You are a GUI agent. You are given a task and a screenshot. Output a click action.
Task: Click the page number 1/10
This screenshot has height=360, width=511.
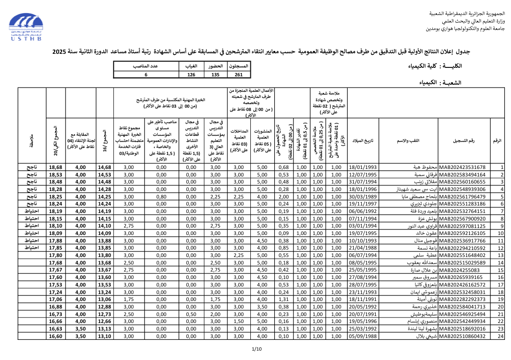coord(256,349)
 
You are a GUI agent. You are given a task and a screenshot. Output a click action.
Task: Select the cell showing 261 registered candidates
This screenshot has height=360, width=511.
coord(239,74)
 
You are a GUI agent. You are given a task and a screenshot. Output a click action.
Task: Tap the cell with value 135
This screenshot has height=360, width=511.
coord(215,74)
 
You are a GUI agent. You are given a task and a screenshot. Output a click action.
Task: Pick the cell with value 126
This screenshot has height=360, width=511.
coord(191,74)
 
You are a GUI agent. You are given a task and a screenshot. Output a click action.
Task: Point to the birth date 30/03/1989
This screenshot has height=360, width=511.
coord(363,197)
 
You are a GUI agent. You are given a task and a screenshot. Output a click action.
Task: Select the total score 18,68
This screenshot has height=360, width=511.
coord(56,167)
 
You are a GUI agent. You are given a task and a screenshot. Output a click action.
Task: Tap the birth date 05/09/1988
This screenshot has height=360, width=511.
coord(363,336)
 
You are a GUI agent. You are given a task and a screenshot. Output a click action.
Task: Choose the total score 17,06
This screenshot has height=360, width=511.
coord(56,299)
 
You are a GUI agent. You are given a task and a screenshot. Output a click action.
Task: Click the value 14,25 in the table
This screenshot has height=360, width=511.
coord(104,197)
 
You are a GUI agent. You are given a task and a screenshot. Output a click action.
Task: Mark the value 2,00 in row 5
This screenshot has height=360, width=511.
coord(284,197)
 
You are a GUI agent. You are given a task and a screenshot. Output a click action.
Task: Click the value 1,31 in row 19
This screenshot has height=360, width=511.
coord(284,299)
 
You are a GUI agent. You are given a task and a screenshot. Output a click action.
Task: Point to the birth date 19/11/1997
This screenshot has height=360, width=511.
coord(363,204)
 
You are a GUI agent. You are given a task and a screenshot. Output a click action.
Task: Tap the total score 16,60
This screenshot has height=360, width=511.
coord(56,336)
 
